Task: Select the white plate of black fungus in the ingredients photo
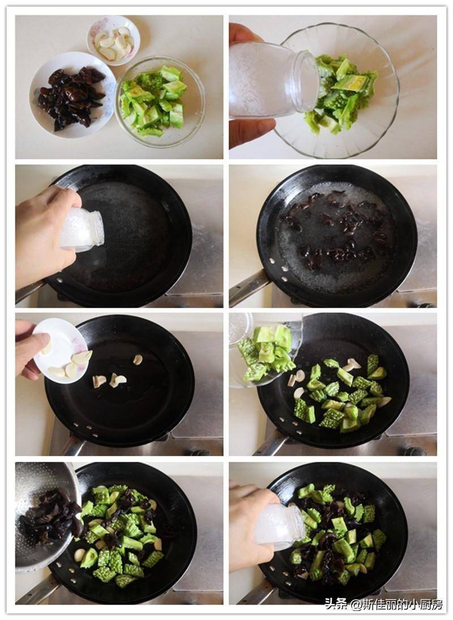(x=72, y=95)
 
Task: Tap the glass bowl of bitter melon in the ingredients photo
(x=160, y=102)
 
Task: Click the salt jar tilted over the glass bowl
(x=273, y=80)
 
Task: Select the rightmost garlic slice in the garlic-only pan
(x=138, y=359)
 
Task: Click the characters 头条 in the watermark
(x=336, y=604)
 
